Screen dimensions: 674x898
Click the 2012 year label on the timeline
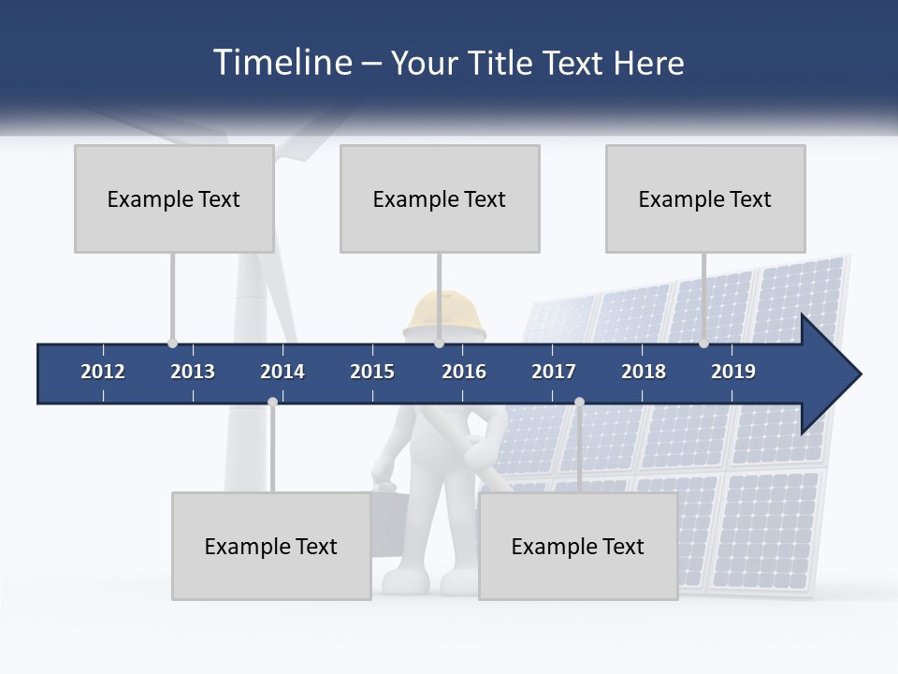click(103, 372)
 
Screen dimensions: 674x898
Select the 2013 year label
click(193, 372)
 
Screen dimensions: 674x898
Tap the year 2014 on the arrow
click(282, 372)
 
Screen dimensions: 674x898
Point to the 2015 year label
click(372, 372)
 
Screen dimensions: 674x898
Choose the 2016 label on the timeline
click(464, 372)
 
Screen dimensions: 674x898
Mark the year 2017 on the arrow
click(554, 372)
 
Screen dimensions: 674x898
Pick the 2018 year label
click(644, 372)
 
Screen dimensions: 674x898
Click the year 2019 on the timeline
click(733, 372)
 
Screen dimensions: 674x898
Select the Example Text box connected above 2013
click(174, 198)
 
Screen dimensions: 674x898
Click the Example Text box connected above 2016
click(440, 198)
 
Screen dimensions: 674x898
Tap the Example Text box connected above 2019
click(705, 198)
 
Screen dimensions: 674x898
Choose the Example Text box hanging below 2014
click(271, 546)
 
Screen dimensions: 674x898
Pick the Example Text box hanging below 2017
click(578, 546)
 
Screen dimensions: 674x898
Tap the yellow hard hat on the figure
click(446, 314)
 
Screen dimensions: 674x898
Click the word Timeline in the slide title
click(281, 63)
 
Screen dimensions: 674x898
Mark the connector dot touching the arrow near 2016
click(439, 344)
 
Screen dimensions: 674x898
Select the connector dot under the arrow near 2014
click(272, 402)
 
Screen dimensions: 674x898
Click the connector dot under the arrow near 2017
click(579, 402)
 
